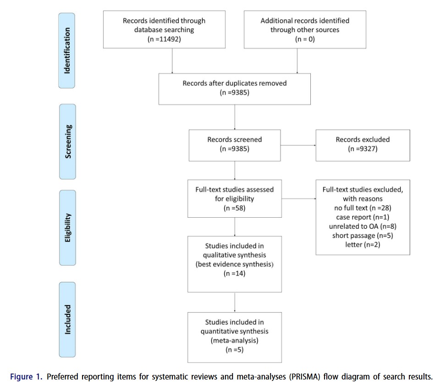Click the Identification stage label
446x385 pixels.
coord(67,50)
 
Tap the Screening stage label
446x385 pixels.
coord(68,141)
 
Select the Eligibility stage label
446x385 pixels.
coord(67,228)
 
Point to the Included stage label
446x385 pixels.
coord(67,319)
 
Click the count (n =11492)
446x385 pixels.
coord(164,39)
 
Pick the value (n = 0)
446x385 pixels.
coord(305,39)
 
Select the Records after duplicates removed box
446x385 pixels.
coord(234,89)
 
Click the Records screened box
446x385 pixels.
coord(235,145)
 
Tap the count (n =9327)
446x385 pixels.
coord(363,148)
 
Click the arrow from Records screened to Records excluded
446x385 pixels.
coord(298,145)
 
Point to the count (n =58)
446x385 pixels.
coord(234,208)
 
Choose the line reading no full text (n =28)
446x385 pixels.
coord(363,208)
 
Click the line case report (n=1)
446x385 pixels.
coord(363,217)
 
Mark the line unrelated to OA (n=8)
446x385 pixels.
coord(363,226)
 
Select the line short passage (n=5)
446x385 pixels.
coord(363,236)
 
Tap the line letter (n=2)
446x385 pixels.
coord(363,245)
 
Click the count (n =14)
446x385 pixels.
coord(234,274)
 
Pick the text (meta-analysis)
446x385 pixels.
coord(234,341)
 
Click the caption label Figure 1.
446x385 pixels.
coord(26,377)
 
